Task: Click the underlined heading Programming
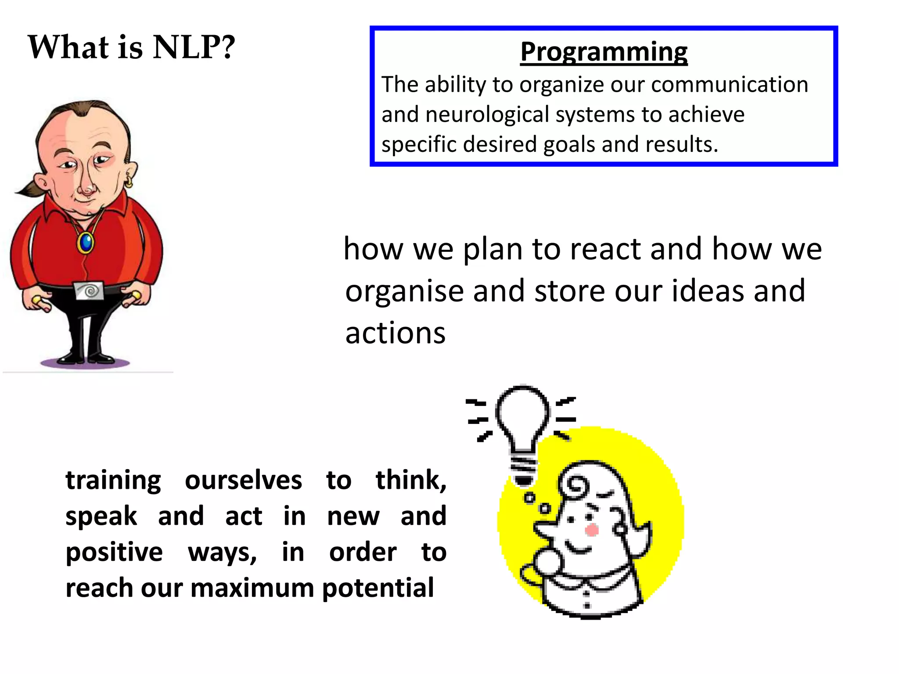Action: pyautogui.click(x=604, y=52)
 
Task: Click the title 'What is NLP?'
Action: pyautogui.click(x=132, y=47)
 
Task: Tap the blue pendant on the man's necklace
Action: pyautogui.click(x=86, y=242)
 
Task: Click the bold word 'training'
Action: pyautogui.click(x=113, y=480)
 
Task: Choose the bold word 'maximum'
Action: pyautogui.click(x=252, y=588)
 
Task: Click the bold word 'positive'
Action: pyautogui.click(x=114, y=552)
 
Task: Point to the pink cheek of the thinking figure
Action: pyautogui.click(x=591, y=530)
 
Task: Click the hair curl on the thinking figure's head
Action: pyautogui.click(x=575, y=486)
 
